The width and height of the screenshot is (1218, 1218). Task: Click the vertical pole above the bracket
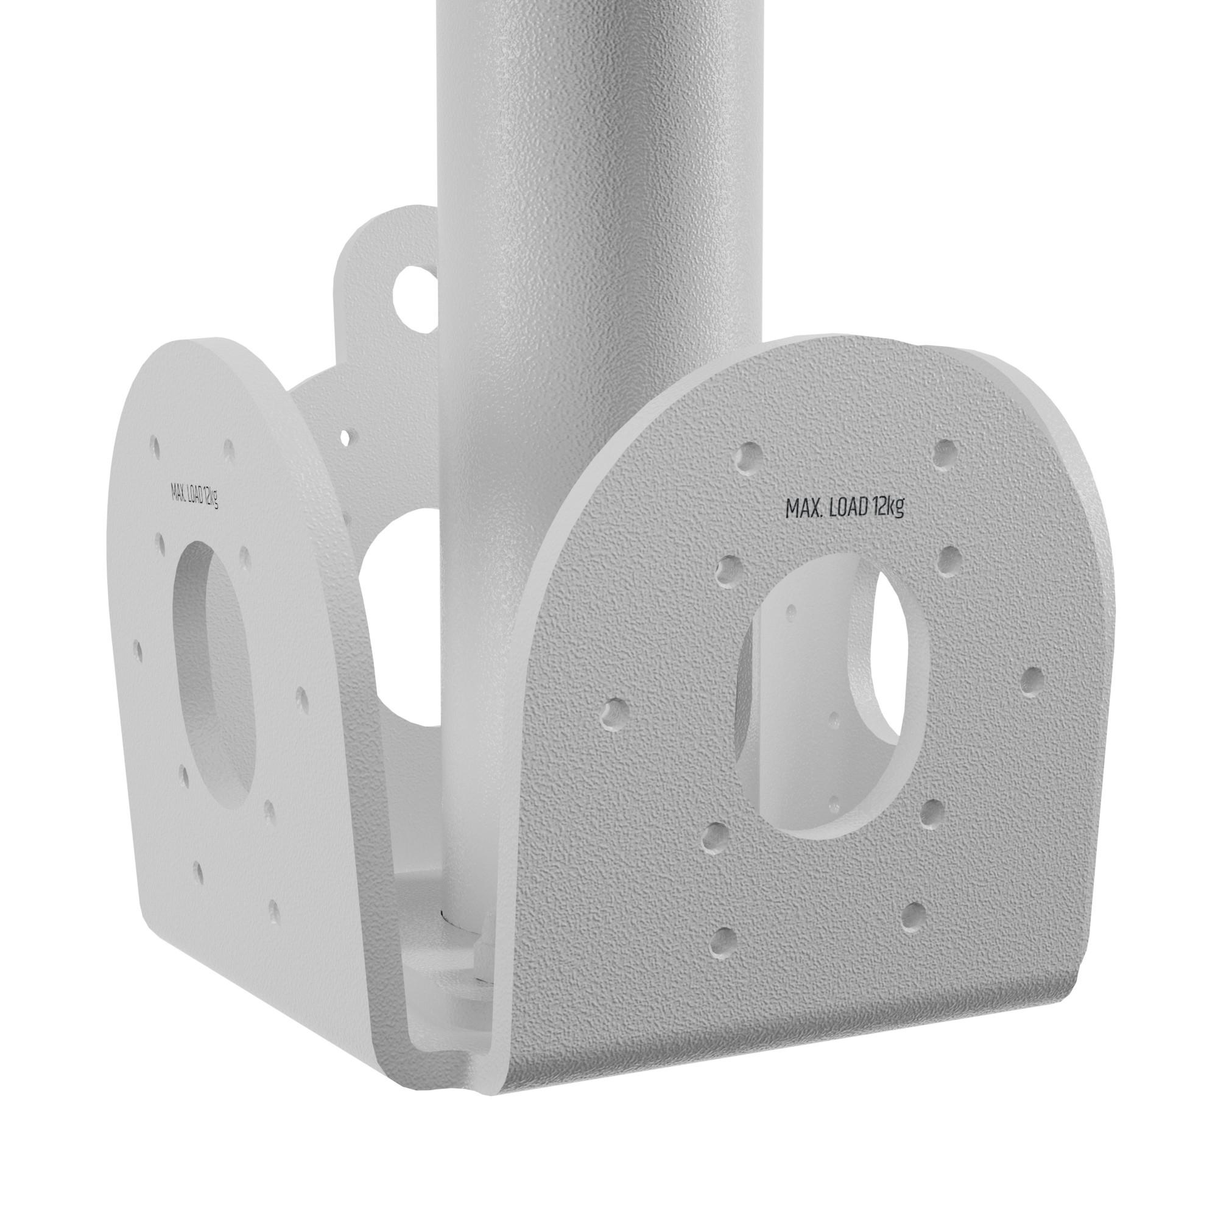pyautogui.click(x=599, y=158)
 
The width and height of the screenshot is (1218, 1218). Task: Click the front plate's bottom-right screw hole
pyautogui.click(x=912, y=916)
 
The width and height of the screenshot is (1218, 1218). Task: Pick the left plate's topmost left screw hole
pyautogui.click(x=155, y=445)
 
